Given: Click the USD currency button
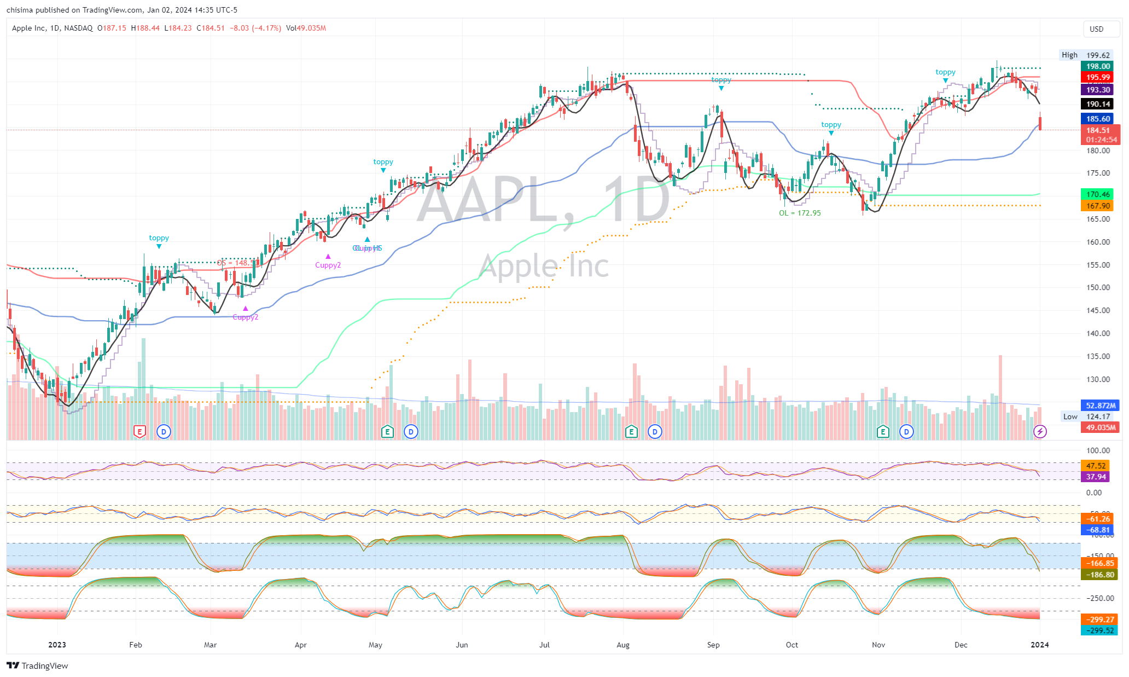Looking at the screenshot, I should [x=1096, y=29].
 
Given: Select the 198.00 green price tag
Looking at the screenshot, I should [x=1098, y=66].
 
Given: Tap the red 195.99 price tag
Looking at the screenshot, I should [x=1098, y=77].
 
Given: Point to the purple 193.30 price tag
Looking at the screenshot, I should [x=1098, y=90].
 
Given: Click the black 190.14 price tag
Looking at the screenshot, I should [x=1098, y=104].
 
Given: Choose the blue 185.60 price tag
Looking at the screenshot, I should [x=1098, y=119].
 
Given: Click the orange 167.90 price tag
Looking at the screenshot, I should [x=1098, y=206].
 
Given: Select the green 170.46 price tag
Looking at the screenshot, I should [x=1098, y=194].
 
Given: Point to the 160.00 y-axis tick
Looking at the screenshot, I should [x=1098, y=242].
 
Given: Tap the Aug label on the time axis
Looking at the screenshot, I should [x=623, y=645].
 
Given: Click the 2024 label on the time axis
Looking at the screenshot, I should [x=1040, y=645].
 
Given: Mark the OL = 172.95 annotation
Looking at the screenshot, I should [x=800, y=213].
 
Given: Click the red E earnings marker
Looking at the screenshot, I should [x=140, y=432].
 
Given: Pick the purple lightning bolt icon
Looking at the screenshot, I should [x=1040, y=432].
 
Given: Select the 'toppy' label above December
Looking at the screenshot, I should [x=945, y=72].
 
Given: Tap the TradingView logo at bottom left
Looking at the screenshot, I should [x=38, y=666].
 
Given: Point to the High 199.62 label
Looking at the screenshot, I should [x=1085, y=55].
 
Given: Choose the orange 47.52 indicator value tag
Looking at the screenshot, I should [x=1096, y=466].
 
